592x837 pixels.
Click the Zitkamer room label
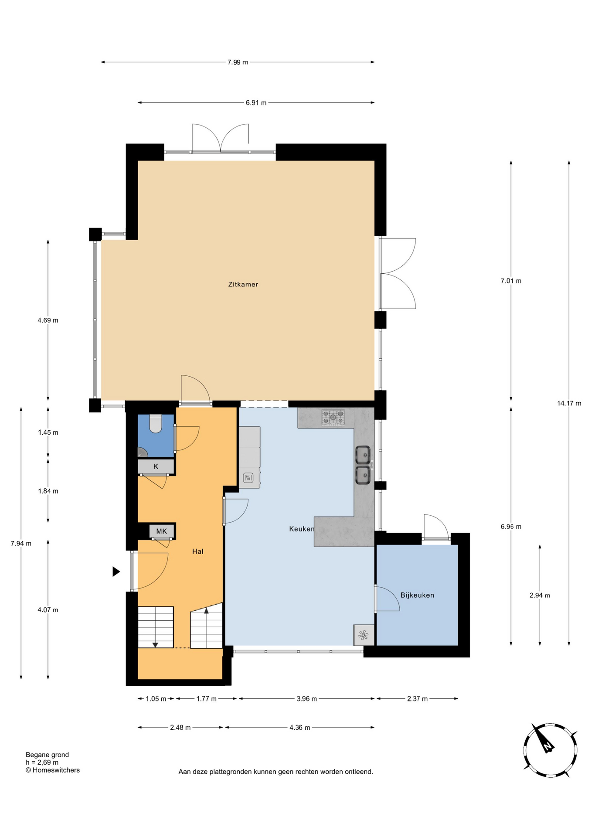(243, 284)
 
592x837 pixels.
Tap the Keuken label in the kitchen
(302, 529)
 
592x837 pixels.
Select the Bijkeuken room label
(417, 595)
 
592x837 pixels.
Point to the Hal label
(198, 551)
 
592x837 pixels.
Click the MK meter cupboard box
(162, 531)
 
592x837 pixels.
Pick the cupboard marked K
(156, 466)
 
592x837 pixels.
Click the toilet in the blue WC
(156, 423)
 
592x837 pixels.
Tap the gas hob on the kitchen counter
(333, 417)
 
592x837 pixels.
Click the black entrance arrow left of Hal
(116, 572)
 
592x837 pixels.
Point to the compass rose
(550, 750)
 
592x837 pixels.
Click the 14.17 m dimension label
(569, 403)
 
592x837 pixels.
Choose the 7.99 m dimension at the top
(238, 62)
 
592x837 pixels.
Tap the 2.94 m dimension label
(540, 595)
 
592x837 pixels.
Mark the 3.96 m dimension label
(306, 698)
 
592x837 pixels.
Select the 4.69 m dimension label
(48, 320)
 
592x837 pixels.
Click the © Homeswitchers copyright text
(53, 770)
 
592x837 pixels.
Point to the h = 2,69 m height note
(42, 762)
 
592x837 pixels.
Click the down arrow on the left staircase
(155, 644)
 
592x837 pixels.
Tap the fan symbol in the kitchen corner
(363, 635)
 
